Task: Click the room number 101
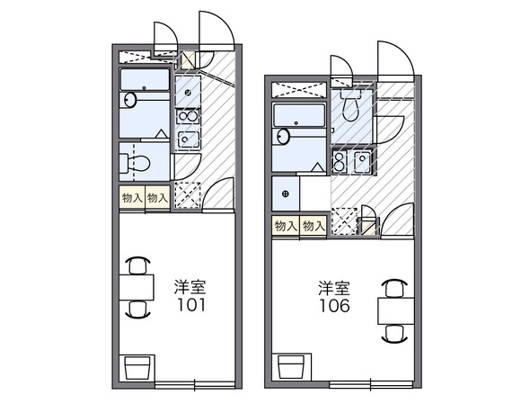[190, 305]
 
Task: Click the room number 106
[332, 305]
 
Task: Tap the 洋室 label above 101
[190, 288]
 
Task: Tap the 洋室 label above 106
[332, 288]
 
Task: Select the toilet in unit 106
[353, 105]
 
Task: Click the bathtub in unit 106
[298, 117]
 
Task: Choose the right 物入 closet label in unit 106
[314, 227]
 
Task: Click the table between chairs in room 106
[393, 310]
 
